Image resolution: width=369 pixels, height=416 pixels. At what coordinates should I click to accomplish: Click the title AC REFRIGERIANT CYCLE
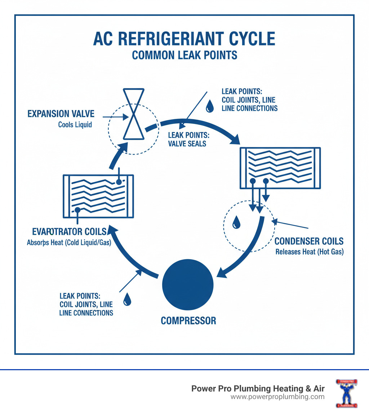pos(184,39)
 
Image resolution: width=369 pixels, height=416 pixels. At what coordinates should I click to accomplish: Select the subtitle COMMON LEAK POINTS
pos(184,55)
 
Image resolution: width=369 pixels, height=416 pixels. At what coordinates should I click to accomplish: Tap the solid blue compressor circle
pos(188,284)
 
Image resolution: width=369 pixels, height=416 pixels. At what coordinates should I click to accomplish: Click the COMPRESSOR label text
pos(188,320)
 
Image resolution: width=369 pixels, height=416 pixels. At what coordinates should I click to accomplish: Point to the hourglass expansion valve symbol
pos(133,114)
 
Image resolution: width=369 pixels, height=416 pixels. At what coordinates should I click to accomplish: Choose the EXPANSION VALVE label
pos(61,114)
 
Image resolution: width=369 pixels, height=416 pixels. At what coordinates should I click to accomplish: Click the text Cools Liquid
pos(75,125)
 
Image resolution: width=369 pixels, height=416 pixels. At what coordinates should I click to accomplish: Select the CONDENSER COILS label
pos(309,241)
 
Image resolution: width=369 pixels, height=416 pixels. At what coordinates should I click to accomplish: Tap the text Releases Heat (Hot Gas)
pos(309,252)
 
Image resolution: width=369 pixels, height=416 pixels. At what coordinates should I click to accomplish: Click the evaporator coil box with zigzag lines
pos(98,196)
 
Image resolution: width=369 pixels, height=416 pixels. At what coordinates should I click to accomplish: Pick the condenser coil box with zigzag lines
pos(280,168)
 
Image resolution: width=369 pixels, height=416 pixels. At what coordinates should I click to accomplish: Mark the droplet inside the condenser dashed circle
pos(236,222)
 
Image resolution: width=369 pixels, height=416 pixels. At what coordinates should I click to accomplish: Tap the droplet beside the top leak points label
pos(209,106)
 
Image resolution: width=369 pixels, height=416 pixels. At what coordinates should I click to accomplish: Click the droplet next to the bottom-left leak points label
pos(127,299)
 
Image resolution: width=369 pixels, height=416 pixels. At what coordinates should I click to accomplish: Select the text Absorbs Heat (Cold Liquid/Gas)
pos(69,243)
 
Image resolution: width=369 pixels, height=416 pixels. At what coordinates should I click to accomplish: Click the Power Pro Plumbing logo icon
pos(346,393)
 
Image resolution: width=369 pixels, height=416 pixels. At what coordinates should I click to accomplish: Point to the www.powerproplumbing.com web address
pos(277,397)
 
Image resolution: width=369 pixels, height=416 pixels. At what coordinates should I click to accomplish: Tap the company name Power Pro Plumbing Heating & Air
pos(258,389)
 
